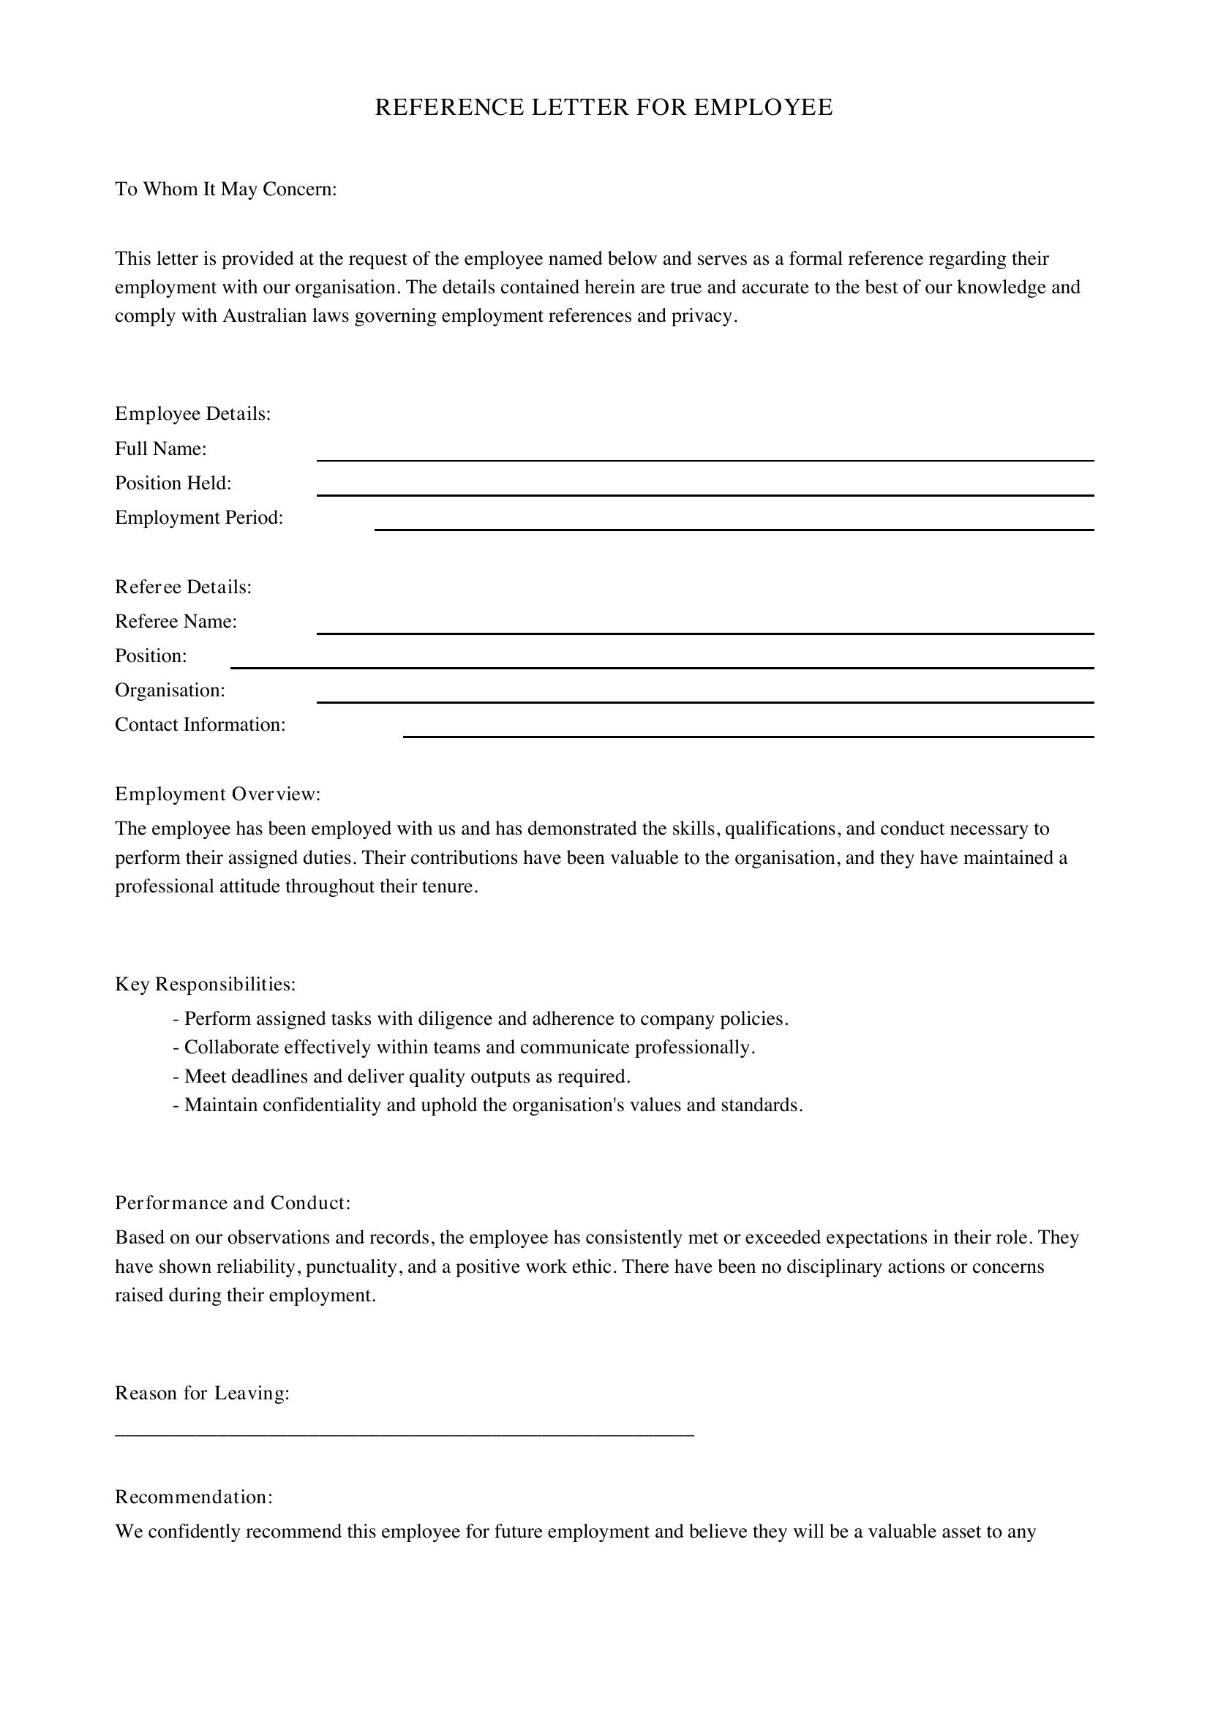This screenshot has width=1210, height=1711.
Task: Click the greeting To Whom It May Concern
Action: click(x=226, y=189)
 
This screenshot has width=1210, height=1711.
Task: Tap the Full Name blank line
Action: click(x=704, y=459)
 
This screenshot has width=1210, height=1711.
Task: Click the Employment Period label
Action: click(x=199, y=518)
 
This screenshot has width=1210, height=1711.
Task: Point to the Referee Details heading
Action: click(x=184, y=587)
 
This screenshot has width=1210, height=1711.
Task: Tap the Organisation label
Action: click(x=170, y=691)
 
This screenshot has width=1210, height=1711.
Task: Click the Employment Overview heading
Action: click(x=217, y=794)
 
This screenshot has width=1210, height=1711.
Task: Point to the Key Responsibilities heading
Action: click(x=206, y=985)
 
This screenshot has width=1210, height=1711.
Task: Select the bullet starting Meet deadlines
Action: click(x=402, y=1077)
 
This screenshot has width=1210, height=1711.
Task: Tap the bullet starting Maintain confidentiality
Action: click(x=488, y=1105)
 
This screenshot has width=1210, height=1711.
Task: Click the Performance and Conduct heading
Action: click(x=233, y=1203)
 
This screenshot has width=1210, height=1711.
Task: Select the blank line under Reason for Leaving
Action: click(x=405, y=1434)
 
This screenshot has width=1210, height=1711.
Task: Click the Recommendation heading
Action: click(x=194, y=1497)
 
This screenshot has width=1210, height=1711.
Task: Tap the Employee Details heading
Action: click(x=193, y=414)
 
